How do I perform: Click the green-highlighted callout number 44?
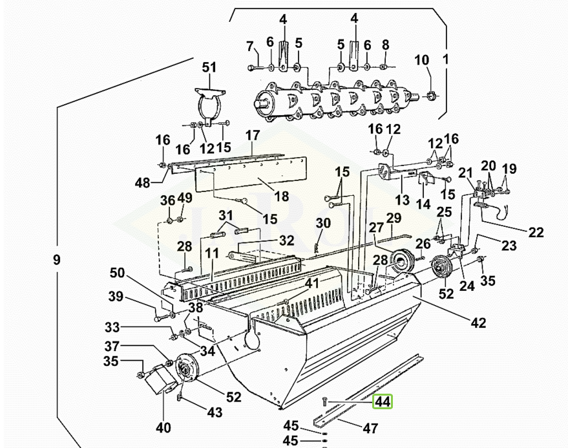click(x=383, y=401)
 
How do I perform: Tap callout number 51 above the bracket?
click(x=209, y=67)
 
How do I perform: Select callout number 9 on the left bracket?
click(x=56, y=260)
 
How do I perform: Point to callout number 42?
click(x=478, y=323)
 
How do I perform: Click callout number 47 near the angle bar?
click(x=370, y=429)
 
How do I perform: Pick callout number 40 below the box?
click(x=163, y=428)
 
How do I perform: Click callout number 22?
click(x=536, y=232)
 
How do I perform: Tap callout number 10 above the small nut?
click(x=422, y=60)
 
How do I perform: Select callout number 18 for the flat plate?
click(x=282, y=197)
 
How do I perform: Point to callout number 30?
click(x=323, y=223)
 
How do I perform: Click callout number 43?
click(x=215, y=412)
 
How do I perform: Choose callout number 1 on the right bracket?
click(x=446, y=59)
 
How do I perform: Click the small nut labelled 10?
click(x=430, y=96)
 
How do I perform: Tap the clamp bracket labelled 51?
click(x=210, y=105)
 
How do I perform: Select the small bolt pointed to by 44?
click(x=324, y=401)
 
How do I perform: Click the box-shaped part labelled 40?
click(x=160, y=379)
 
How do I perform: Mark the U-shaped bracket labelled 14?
click(x=426, y=178)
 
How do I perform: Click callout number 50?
click(x=118, y=273)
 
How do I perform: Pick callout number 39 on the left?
click(x=116, y=297)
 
